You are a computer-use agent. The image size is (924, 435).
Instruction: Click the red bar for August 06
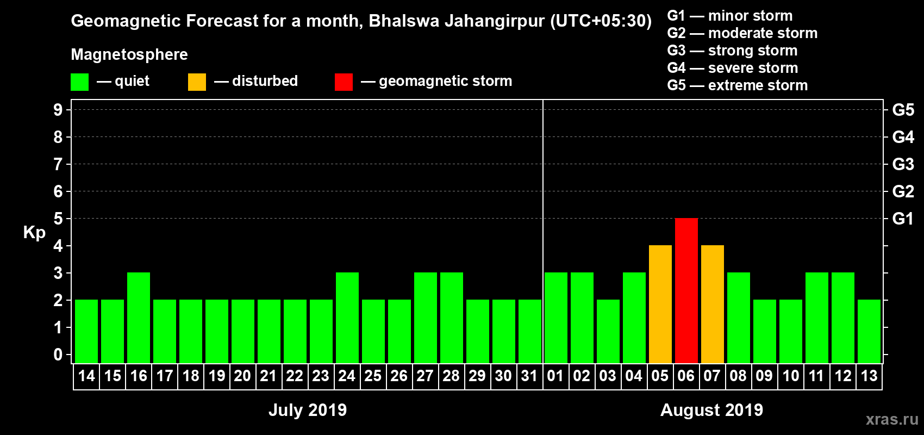(686, 290)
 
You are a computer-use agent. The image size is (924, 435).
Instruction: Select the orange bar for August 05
(660, 304)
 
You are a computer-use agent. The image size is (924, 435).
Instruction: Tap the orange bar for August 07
(712, 304)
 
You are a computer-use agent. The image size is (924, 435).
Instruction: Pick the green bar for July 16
(139, 318)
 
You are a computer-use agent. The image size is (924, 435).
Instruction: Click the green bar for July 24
(347, 318)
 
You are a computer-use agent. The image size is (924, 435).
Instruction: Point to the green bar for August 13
(869, 331)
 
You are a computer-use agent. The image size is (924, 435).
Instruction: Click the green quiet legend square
(79, 82)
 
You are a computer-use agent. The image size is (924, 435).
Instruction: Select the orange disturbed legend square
(197, 82)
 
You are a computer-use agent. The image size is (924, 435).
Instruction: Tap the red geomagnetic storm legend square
(344, 82)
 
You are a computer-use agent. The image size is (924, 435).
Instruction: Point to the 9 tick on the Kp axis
(58, 110)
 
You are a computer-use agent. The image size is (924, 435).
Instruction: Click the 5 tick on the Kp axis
(58, 219)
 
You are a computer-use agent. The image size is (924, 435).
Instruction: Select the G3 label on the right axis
(903, 164)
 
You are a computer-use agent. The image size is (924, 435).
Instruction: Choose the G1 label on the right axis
(903, 219)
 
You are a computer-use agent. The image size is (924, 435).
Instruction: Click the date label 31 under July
(529, 376)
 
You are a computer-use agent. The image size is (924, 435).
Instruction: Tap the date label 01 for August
(555, 376)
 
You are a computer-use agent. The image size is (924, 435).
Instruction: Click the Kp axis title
(34, 233)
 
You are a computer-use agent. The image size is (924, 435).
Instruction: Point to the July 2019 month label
(308, 410)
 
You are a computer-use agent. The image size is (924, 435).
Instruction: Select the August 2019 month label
(711, 410)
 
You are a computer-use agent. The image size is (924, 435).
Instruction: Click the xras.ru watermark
(892, 419)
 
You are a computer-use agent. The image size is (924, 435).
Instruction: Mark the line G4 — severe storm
(733, 68)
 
